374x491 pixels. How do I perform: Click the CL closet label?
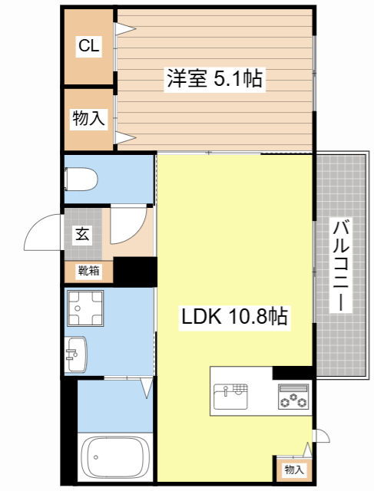(88, 47)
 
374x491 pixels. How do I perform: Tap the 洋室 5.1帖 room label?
(214, 78)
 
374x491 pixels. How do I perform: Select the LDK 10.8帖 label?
(234, 316)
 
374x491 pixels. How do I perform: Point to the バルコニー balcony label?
(343, 265)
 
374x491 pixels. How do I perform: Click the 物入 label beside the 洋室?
(88, 119)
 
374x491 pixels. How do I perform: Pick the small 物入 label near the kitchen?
(293, 469)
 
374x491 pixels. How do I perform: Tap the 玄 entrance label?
(82, 235)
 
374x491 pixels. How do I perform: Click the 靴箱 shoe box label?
(88, 270)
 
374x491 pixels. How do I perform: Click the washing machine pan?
(85, 309)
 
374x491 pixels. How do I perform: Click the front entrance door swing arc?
(42, 233)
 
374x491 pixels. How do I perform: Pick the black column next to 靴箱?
(134, 272)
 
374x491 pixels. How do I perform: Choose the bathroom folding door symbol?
(145, 387)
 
